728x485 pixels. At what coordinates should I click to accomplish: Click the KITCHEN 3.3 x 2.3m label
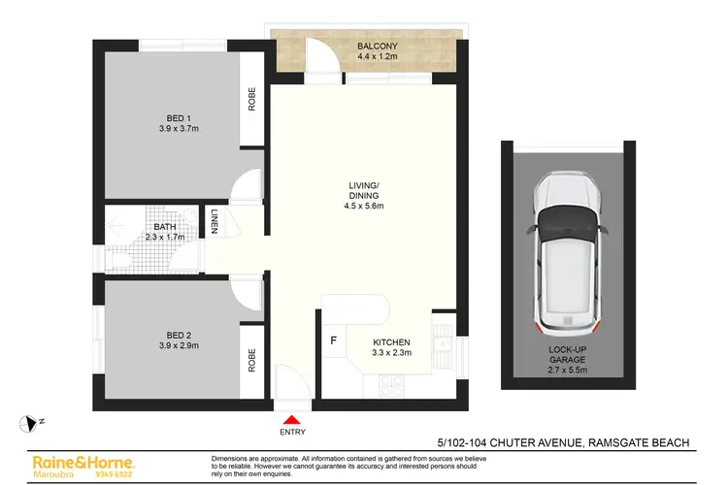pos(392,348)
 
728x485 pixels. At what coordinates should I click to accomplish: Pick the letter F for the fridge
pos(335,340)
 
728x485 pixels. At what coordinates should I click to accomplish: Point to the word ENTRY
pos(289,433)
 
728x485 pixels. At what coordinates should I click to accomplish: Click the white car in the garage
pos(563,257)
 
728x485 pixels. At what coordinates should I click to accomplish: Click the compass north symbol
pos(29,422)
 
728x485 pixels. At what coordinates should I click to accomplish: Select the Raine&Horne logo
pos(83,464)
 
